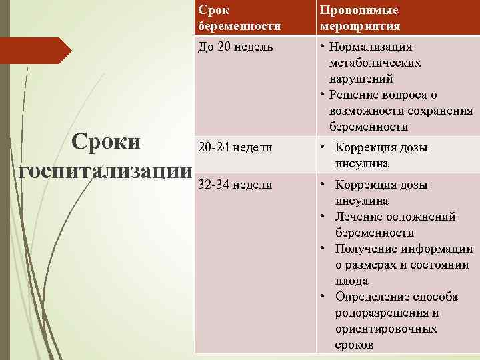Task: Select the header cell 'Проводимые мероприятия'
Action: tap(359, 18)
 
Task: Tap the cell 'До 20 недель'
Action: tap(235, 47)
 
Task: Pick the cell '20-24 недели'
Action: tap(234, 147)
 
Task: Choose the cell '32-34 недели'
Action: tap(234, 185)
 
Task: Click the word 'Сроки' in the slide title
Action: tap(107, 143)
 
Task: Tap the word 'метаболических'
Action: tap(375, 63)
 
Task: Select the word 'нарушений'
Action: tap(356, 79)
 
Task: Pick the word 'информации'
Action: tap(438, 249)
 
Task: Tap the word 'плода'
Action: tap(351, 281)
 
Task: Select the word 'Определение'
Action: tap(369, 297)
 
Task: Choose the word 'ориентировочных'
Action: tap(386, 329)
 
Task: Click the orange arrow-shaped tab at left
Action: tap(33, 51)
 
